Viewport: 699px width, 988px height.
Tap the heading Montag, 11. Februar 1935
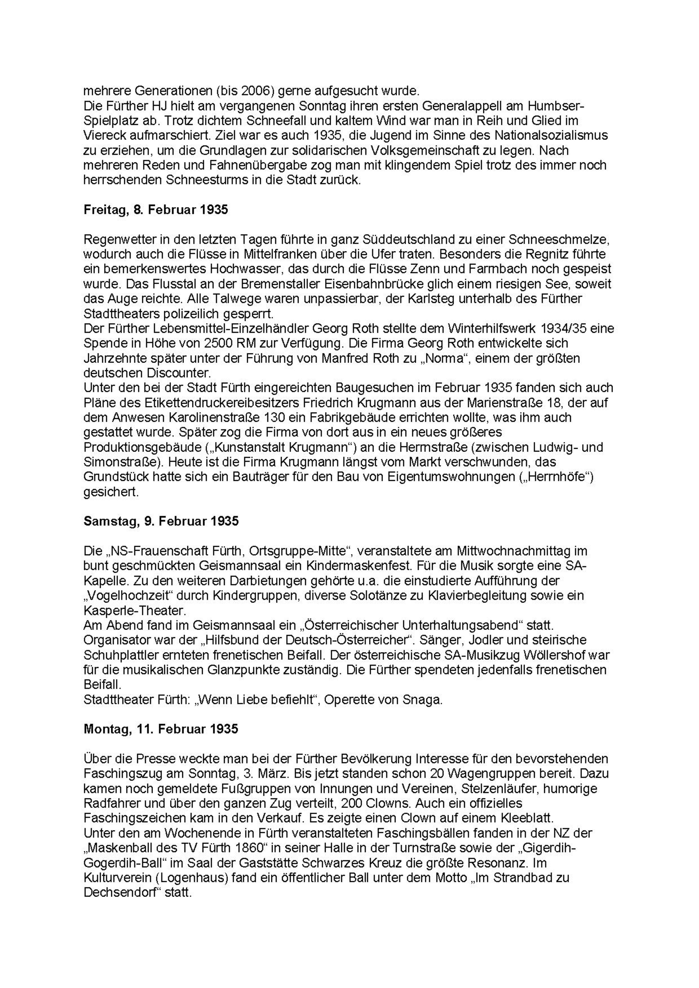click(161, 729)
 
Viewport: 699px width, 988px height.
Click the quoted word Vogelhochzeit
click(134, 595)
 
